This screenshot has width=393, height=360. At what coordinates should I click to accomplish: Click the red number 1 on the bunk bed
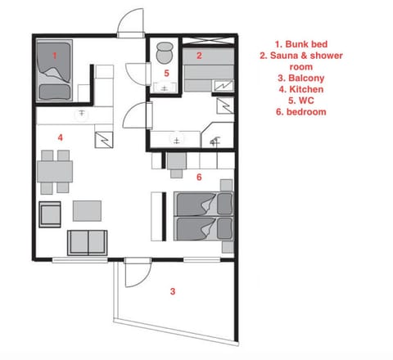(x=55, y=56)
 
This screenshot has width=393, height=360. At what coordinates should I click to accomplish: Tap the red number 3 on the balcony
(x=173, y=291)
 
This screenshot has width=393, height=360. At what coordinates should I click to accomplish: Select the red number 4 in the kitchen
(x=61, y=137)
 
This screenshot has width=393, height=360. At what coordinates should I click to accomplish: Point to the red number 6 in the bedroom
(x=199, y=177)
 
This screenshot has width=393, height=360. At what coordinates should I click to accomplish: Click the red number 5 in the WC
(x=166, y=73)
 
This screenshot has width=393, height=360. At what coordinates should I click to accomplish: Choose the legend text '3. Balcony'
(x=301, y=78)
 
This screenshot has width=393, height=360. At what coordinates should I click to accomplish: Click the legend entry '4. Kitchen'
(x=301, y=89)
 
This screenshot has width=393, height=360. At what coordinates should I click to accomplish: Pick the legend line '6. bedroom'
(x=301, y=112)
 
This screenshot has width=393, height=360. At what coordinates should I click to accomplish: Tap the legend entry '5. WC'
(x=301, y=101)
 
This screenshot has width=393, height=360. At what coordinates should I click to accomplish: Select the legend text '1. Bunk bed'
(x=301, y=44)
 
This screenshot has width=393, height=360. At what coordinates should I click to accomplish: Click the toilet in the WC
(x=165, y=53)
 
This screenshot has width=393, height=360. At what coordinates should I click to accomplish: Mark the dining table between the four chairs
(x=55, y=172)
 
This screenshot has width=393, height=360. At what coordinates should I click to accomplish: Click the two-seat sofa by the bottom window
(x=88, y=243)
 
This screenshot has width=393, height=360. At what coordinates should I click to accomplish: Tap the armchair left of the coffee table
(x=50, y=214)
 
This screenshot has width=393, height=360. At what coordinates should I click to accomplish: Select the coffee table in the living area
(x=87, y=211)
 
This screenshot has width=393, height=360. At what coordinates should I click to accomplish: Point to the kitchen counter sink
(x=82, y=114)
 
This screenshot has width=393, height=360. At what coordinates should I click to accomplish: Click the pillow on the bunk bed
(x=55, y=92)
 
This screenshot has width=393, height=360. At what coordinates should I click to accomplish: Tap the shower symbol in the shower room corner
(x=215, y=142)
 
